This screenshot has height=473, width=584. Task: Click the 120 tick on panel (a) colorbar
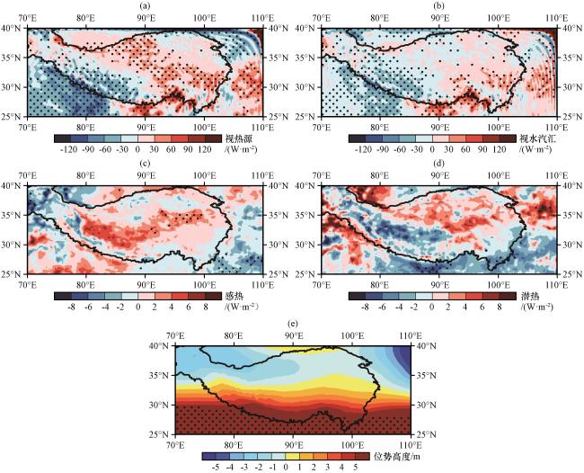[x=209, y=151]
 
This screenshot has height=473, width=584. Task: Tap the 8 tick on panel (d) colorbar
[x=500, y=306]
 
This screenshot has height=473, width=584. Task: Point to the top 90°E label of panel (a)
[x=145, y=17]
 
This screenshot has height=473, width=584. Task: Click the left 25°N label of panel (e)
[x=162, y=434]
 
